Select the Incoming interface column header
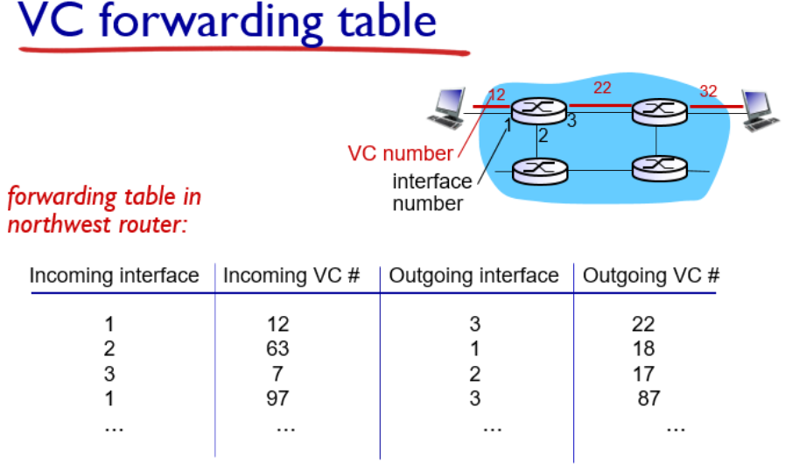[114, 277]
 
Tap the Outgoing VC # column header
[651, 277]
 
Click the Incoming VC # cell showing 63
[278, 349]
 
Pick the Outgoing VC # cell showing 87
[648, 400]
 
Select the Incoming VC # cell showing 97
[278, 400]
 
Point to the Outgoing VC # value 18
[643, 349]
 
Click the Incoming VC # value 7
[278, 375]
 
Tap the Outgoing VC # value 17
[643, 375]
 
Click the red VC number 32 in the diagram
[707, 91]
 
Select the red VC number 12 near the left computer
[496, 94]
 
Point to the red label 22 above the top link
[602, 88]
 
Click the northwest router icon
[536, 109]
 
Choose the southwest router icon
[536, 168]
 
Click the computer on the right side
[758, 109]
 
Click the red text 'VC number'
[400, 154]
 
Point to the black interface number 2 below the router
[543, 136]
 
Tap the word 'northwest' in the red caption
[48, 223]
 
